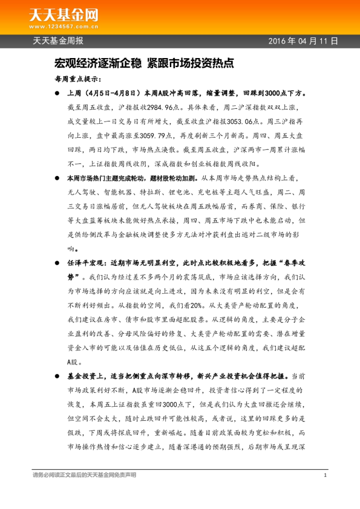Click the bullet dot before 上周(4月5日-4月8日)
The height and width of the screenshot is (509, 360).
coord(57,94)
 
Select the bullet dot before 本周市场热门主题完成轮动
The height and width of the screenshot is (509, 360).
coord(57,179)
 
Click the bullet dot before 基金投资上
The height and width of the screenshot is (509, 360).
coord(57,375)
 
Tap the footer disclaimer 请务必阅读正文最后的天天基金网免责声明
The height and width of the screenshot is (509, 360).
coord(84,475)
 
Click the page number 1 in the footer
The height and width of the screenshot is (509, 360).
coord(326,475)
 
